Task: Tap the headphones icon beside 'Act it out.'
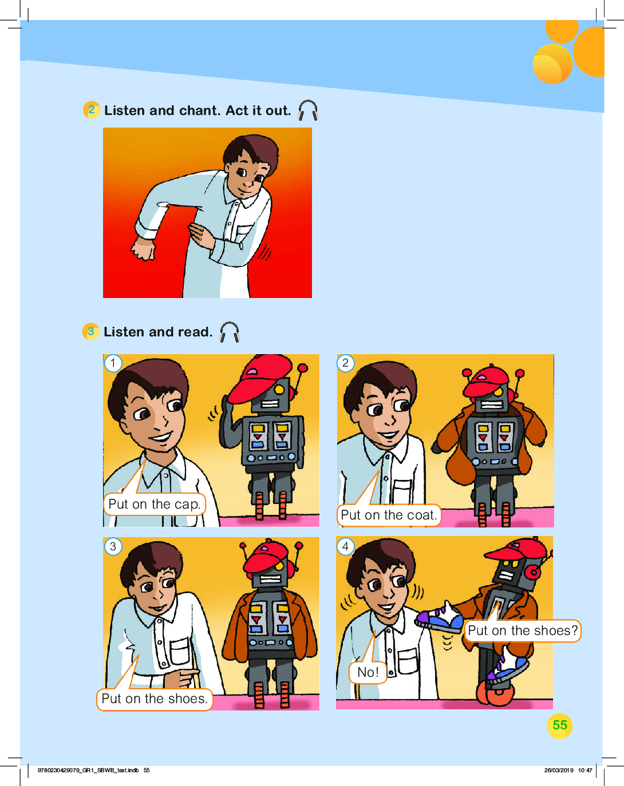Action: tap(308, 110)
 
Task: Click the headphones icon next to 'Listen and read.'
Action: tap(229, 332)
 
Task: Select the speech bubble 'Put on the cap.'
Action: tap(155, 504)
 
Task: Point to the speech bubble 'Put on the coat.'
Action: tap(389, 515)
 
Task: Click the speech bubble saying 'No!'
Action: tap(368, 672)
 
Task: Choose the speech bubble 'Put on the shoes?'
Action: tap(522, 631)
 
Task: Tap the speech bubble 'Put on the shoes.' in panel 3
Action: tap(155, 699)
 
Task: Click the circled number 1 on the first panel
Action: tap(113, 363)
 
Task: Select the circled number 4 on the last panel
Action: tap(345, 547)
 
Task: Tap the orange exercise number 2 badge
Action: tap(92, 110)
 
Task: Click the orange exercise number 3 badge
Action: tap(90, 332)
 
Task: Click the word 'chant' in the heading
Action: tap(199, 110)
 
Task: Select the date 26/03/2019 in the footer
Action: tap(559, 771)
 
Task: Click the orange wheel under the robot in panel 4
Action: tap(495, 692)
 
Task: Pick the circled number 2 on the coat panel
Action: tap(345, 363)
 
